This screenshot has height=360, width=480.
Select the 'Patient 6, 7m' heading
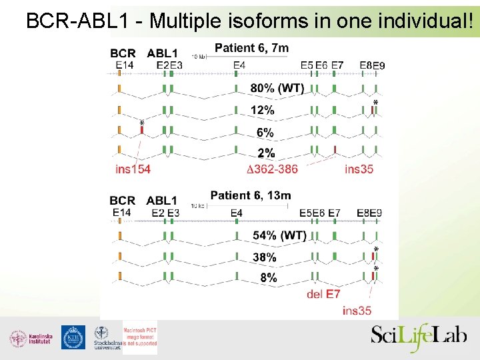251,47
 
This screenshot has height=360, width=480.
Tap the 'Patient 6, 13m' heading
250,195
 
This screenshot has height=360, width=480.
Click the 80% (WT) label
277,88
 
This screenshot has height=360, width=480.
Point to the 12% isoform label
262,110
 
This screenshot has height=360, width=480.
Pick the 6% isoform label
265,133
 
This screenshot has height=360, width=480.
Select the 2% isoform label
265,153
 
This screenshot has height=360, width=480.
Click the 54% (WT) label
279,235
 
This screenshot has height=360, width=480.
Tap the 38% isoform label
264,257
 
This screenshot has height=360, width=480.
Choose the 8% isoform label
268,278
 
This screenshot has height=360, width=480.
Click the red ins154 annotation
133,169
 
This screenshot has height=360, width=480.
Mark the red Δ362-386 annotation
272,169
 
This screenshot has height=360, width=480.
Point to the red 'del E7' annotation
323,293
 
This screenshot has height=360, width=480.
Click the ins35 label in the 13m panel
357,310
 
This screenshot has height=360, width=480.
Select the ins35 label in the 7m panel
359,169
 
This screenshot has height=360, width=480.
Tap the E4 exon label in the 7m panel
239,65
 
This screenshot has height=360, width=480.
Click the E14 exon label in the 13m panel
121,212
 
